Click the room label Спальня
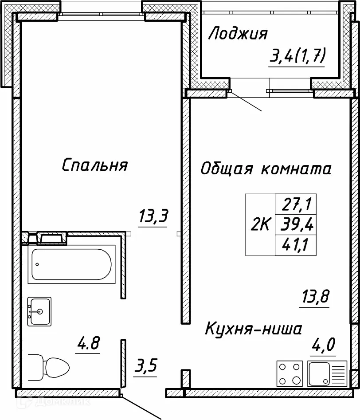pos(95,165)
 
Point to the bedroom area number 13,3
pos(153,217)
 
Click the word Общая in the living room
pos(226,169)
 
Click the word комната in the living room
pos(296,169)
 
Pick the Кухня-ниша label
pos(254,329)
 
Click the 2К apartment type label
pos(260,225)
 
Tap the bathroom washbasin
pos(39,311)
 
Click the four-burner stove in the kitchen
pos(290,373)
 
